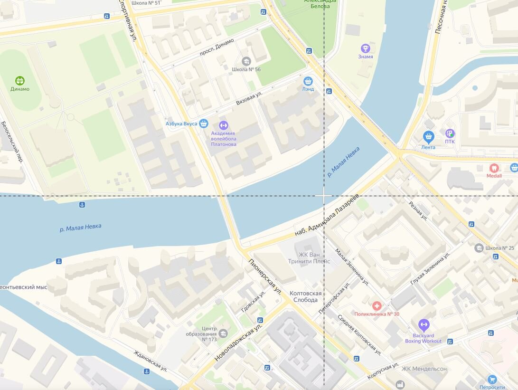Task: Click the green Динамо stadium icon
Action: [x=19, y=80]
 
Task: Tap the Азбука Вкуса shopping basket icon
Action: [x=204, y=124]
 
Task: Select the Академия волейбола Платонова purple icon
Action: [x=223, y=125]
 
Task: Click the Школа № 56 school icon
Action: [x=246, y=61]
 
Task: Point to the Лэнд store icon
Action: [x=308, y=81]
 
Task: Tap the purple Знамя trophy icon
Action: [x=365, y=48]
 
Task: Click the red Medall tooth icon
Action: [x=494, y=168]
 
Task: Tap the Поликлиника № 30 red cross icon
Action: [x=377, y=306]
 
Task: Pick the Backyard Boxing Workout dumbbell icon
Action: [x=424, y=325]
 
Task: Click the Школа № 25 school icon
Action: [x=479, y=248]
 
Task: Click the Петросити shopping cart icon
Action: [x=492, y=379]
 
